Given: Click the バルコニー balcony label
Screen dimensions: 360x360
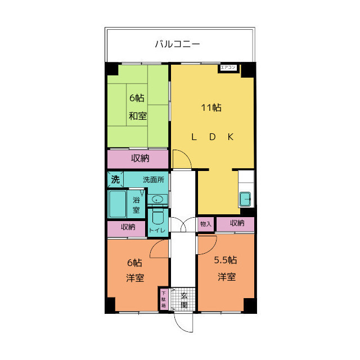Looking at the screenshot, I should (178, 43).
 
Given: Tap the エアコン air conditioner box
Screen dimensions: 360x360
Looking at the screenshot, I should (228, 68).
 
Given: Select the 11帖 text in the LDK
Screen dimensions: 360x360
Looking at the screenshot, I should (211, 107).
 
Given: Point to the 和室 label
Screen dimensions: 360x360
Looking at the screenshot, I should (137, 116).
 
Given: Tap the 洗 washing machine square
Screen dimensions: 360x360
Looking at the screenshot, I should (115, 180).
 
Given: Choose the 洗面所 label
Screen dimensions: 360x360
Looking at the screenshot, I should (153, 180).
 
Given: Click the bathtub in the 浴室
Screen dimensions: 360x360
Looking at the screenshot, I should (118, 204).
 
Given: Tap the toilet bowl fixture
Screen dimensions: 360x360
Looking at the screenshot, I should (157, 217).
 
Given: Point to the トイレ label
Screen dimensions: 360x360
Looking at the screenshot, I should (157, 230).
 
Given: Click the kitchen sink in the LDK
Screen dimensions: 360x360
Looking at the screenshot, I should (246, 199).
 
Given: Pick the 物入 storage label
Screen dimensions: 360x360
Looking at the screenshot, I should (205, 224).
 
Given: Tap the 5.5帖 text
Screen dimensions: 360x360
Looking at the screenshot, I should (225, 260).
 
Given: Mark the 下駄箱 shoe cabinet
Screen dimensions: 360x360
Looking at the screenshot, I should (164, 299).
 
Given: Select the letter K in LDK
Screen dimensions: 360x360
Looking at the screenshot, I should (230, 137).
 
